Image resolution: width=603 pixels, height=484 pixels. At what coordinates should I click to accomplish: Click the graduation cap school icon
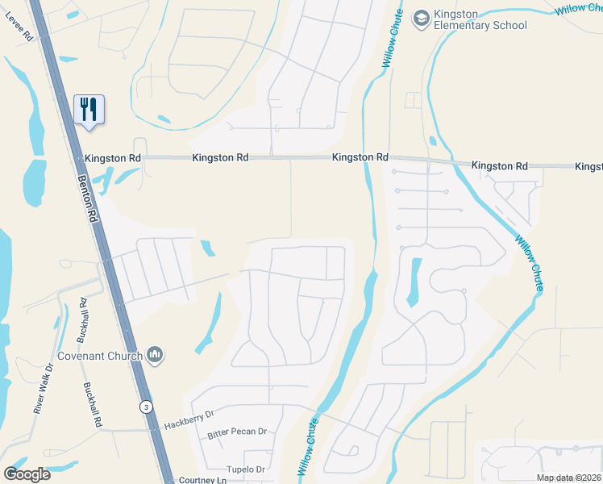coord(421,17)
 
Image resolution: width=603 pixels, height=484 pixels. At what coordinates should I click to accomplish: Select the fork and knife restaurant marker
coord(89,108)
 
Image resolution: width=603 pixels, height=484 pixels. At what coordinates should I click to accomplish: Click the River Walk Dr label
coord(43,389)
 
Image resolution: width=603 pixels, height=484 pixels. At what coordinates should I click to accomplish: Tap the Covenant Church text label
coord(100,356)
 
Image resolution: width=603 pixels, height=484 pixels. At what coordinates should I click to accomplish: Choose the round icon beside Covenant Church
coord(156,355)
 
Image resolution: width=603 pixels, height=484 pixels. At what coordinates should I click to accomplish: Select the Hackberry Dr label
coord(188,416)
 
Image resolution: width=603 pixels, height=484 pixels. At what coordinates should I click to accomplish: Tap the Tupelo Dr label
coord(245,469)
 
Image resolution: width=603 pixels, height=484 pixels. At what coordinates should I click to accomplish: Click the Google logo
coord(27,474)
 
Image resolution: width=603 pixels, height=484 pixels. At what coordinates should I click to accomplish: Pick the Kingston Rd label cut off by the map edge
coord(589,167)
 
